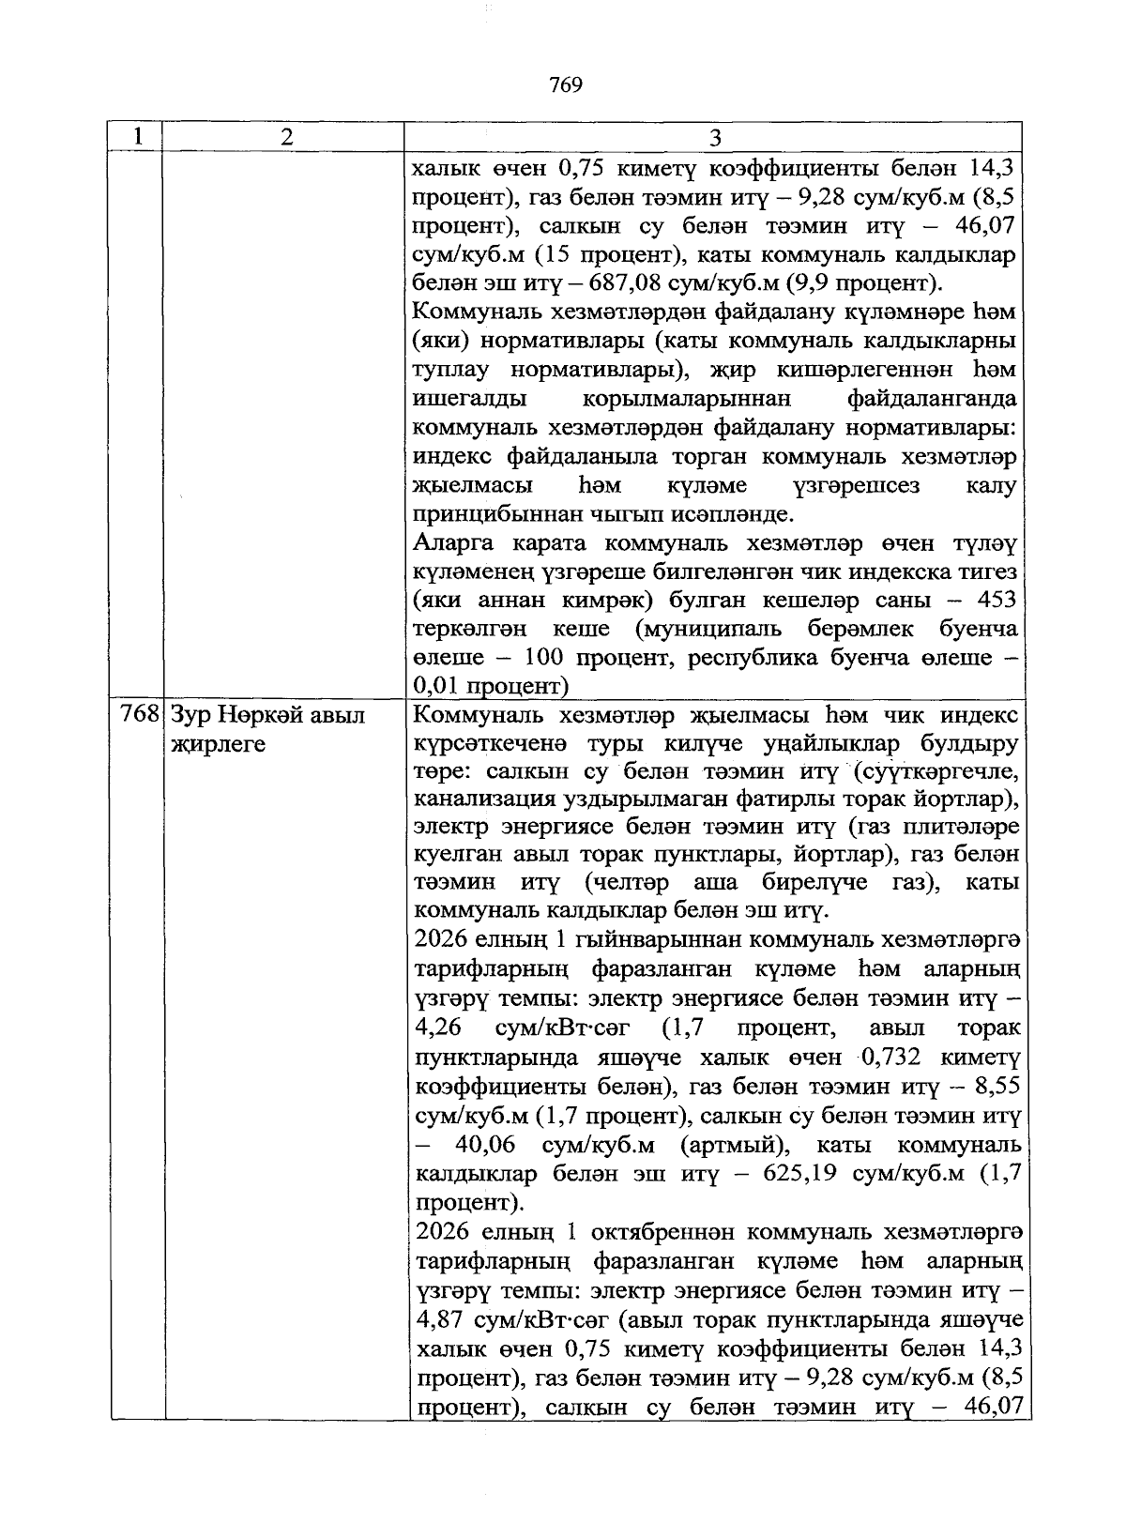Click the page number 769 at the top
(566, 85)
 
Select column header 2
(285, 137)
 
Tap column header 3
(715, 138)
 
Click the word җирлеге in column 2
(218, 745)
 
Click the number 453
(997, 600)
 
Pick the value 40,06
(488, 1145)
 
